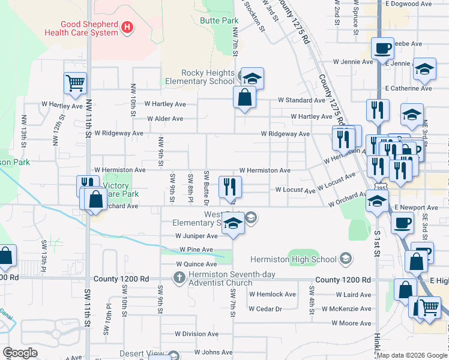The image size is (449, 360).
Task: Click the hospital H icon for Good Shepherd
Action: [x=127, y=27]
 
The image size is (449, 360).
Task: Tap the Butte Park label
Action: [x=219, y=20]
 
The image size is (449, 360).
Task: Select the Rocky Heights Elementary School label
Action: [x=199, y=77]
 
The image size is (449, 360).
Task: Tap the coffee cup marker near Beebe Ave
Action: [x=382, y=49]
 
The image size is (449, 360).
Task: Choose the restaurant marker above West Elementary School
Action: [x=230, y=187]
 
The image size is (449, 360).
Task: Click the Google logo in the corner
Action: [x=20, y=353]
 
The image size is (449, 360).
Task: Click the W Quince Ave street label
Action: [x=196, y=264]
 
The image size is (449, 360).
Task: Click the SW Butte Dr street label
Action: [x=206, y=187]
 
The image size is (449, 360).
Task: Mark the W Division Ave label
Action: [x=196, y=334]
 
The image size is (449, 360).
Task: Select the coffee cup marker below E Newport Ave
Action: [x=402, y=223]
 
